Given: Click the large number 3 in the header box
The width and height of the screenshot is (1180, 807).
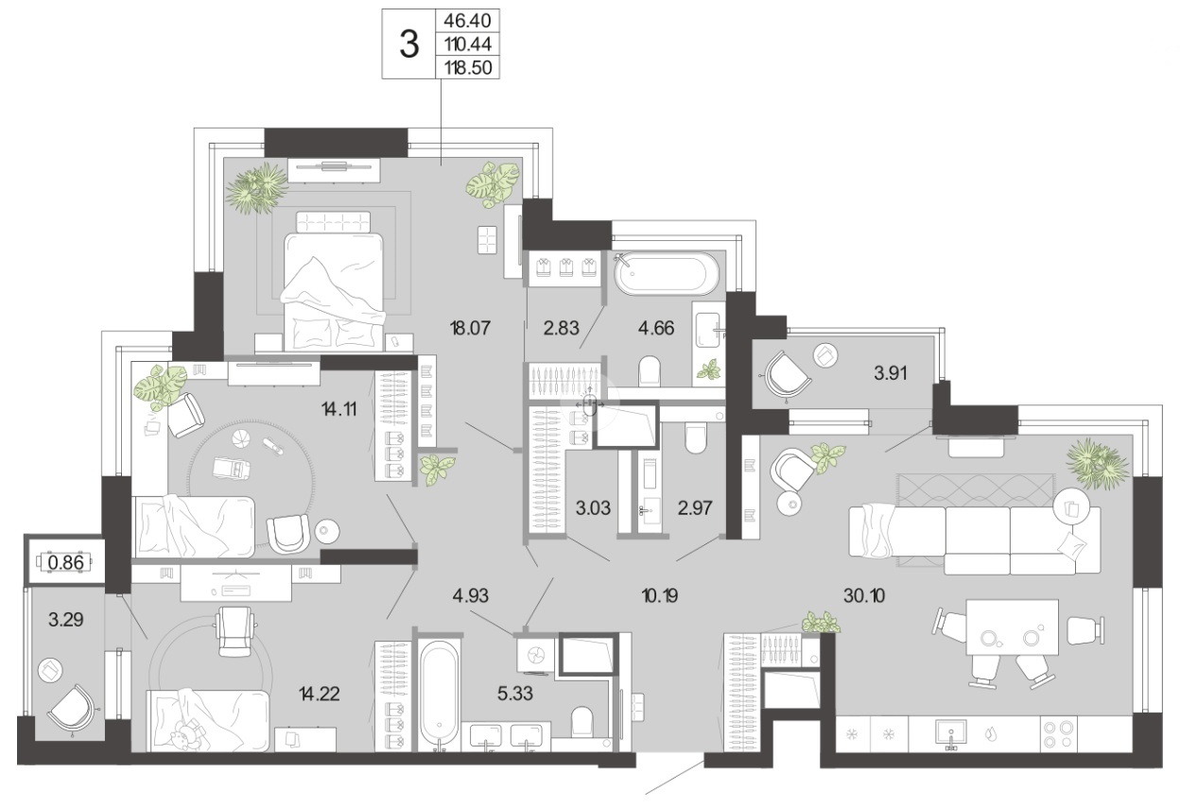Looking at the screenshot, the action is [409, 44].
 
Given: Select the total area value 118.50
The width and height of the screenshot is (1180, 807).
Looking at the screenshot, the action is [468, 68].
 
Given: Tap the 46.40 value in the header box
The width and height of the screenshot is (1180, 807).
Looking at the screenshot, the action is [468, 21].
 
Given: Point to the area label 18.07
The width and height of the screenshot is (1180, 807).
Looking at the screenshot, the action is [471, 328].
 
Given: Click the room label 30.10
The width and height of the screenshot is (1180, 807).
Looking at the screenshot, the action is [864, 596].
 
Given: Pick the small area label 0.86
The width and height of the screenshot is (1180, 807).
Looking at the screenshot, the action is [66, 563].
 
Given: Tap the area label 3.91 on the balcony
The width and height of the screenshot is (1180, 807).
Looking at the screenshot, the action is [891, 373].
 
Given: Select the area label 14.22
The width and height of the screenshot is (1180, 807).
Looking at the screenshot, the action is [320, 694].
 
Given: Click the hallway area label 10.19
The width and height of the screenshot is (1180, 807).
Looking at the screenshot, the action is [660, 596].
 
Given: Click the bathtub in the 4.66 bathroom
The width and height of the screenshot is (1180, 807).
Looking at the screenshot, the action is [666, 274].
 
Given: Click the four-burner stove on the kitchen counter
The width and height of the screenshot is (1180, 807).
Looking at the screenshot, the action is [1058, 734].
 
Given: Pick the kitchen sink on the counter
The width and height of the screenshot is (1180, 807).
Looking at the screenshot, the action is [950, 734].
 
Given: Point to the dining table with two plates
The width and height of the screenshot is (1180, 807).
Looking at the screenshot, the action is [1012, 627].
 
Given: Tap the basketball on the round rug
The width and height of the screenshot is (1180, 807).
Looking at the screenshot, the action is [240, 438].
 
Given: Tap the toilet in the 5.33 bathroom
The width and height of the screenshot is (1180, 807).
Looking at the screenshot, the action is [582, 721].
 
